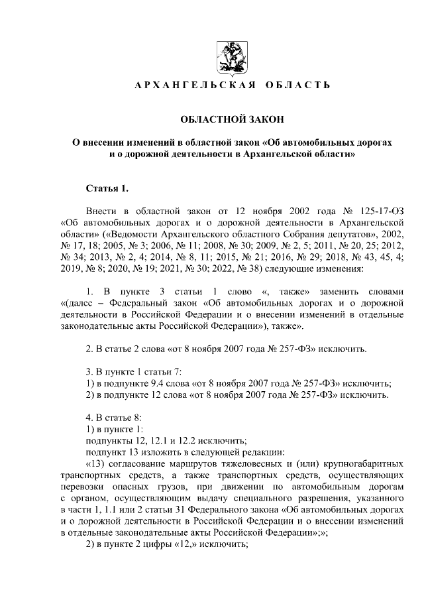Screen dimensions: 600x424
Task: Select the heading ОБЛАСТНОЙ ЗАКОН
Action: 232,119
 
